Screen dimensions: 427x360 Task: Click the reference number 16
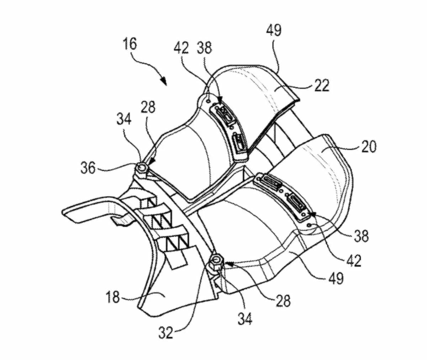130,45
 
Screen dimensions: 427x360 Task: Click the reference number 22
322,85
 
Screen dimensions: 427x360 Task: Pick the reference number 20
369,147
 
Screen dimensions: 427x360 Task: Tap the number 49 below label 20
336,278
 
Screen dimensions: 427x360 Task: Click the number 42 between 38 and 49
354,260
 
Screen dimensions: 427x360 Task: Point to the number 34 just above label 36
124,119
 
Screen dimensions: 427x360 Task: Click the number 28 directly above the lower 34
283,301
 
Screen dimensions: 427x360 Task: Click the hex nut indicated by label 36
142,168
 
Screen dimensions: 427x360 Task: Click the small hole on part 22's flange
208,101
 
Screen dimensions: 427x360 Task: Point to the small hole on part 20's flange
310,225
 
